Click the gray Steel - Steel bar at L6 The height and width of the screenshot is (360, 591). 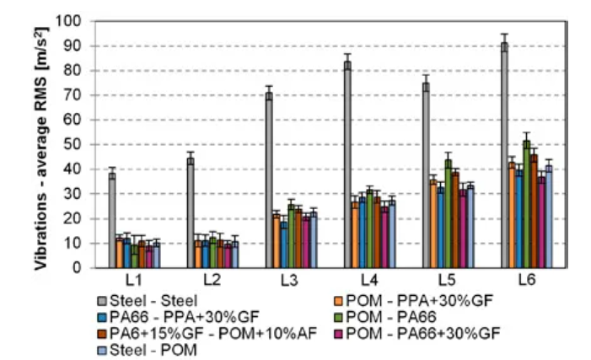coord(504,156)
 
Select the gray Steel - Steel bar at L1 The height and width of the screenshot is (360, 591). coord(112,221)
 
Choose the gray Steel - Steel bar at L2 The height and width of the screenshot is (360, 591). coord(191,213)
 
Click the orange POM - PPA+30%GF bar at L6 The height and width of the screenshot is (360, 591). coord(512,215)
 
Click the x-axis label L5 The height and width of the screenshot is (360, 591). coord(446,280)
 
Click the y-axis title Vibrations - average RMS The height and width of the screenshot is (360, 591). coord(41,143)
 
